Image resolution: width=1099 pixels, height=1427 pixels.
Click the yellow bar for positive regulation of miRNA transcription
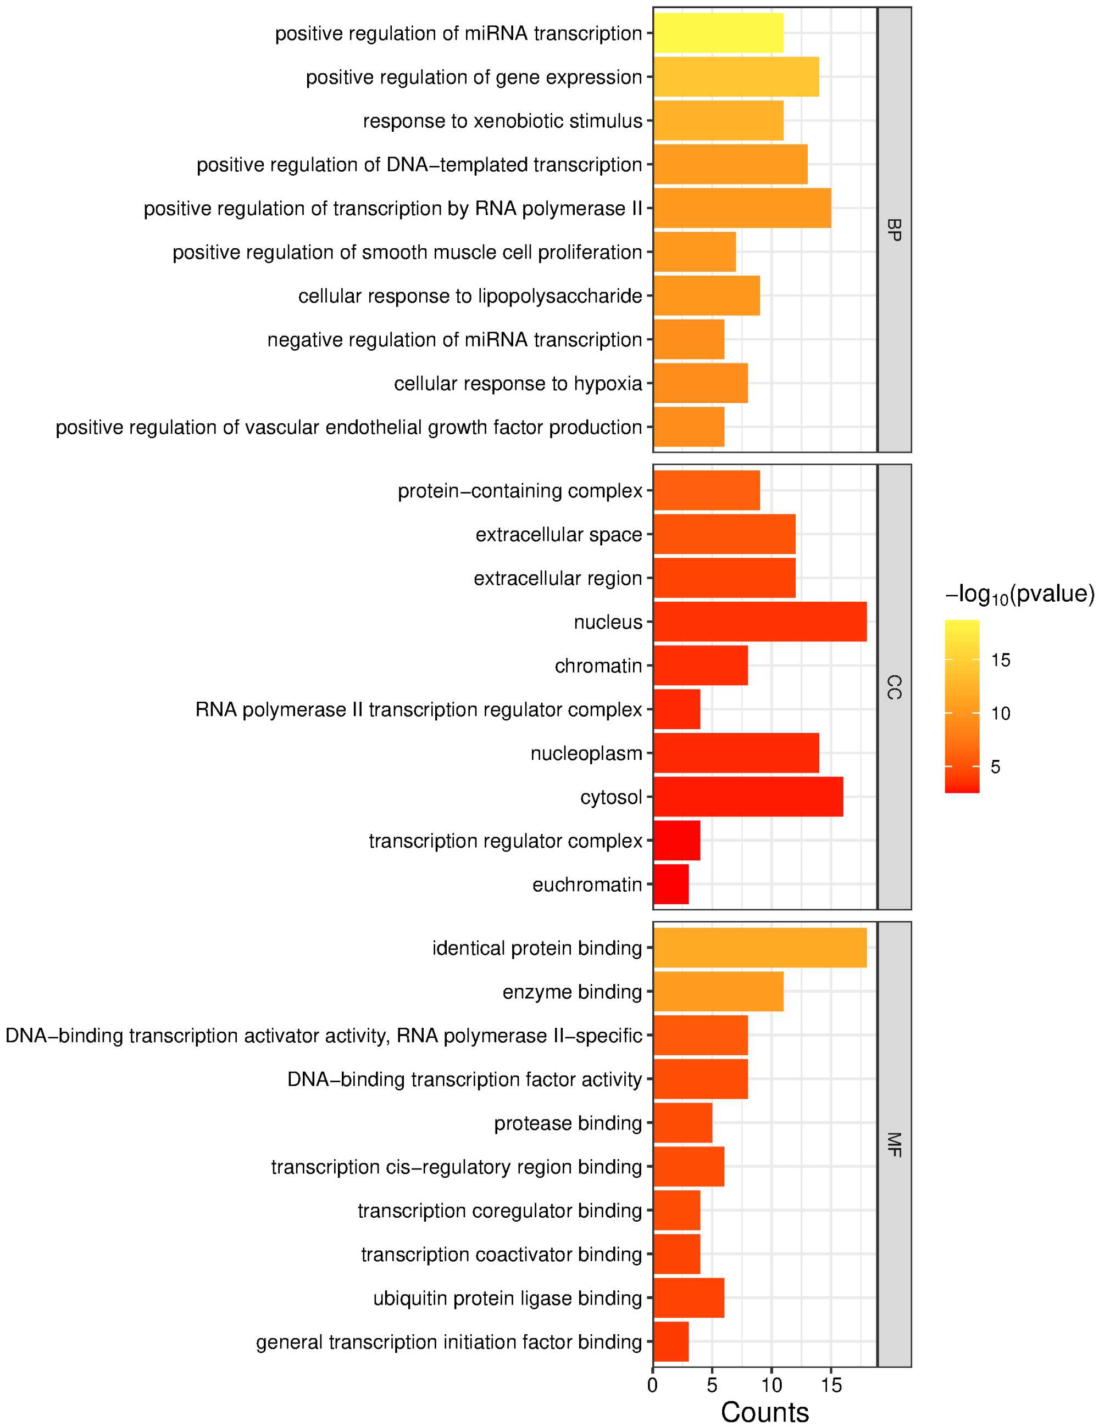(x=718, y=33)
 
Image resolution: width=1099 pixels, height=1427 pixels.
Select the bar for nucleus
(x=760, y=622)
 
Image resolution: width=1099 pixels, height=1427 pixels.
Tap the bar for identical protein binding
(x=760, y=948)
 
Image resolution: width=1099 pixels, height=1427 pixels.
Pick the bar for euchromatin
(x=671, y=884)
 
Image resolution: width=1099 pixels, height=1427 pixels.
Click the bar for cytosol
(x=748, y=797)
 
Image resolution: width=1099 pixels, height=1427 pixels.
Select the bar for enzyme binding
(x=718, y=991)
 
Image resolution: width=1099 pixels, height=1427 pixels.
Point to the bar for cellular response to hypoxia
(x=700, y=383)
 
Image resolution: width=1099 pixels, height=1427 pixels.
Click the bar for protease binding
(x=682, y=1122)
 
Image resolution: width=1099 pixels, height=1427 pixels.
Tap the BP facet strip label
(x=893, y=230)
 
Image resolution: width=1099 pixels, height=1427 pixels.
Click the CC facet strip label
(x=893, y=687)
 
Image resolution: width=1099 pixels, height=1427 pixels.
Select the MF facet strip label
(x=893, y=1145)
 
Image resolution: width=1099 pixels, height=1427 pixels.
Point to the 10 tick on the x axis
(x=771, y=1385)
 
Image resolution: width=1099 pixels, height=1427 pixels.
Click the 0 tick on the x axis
(x=652, y=1385)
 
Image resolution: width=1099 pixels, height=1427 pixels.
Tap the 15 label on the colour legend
(x=1000, y=660)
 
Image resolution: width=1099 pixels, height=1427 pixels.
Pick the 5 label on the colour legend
(x=995, y=766)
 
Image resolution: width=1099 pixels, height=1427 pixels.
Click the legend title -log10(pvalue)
(x=1019, y=594)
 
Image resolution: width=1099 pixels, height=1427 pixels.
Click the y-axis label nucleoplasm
(x=586, y=753)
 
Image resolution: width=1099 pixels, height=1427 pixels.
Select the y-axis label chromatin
(x=598, y=666)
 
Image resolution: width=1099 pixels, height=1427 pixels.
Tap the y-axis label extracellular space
(x=558, y=534)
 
